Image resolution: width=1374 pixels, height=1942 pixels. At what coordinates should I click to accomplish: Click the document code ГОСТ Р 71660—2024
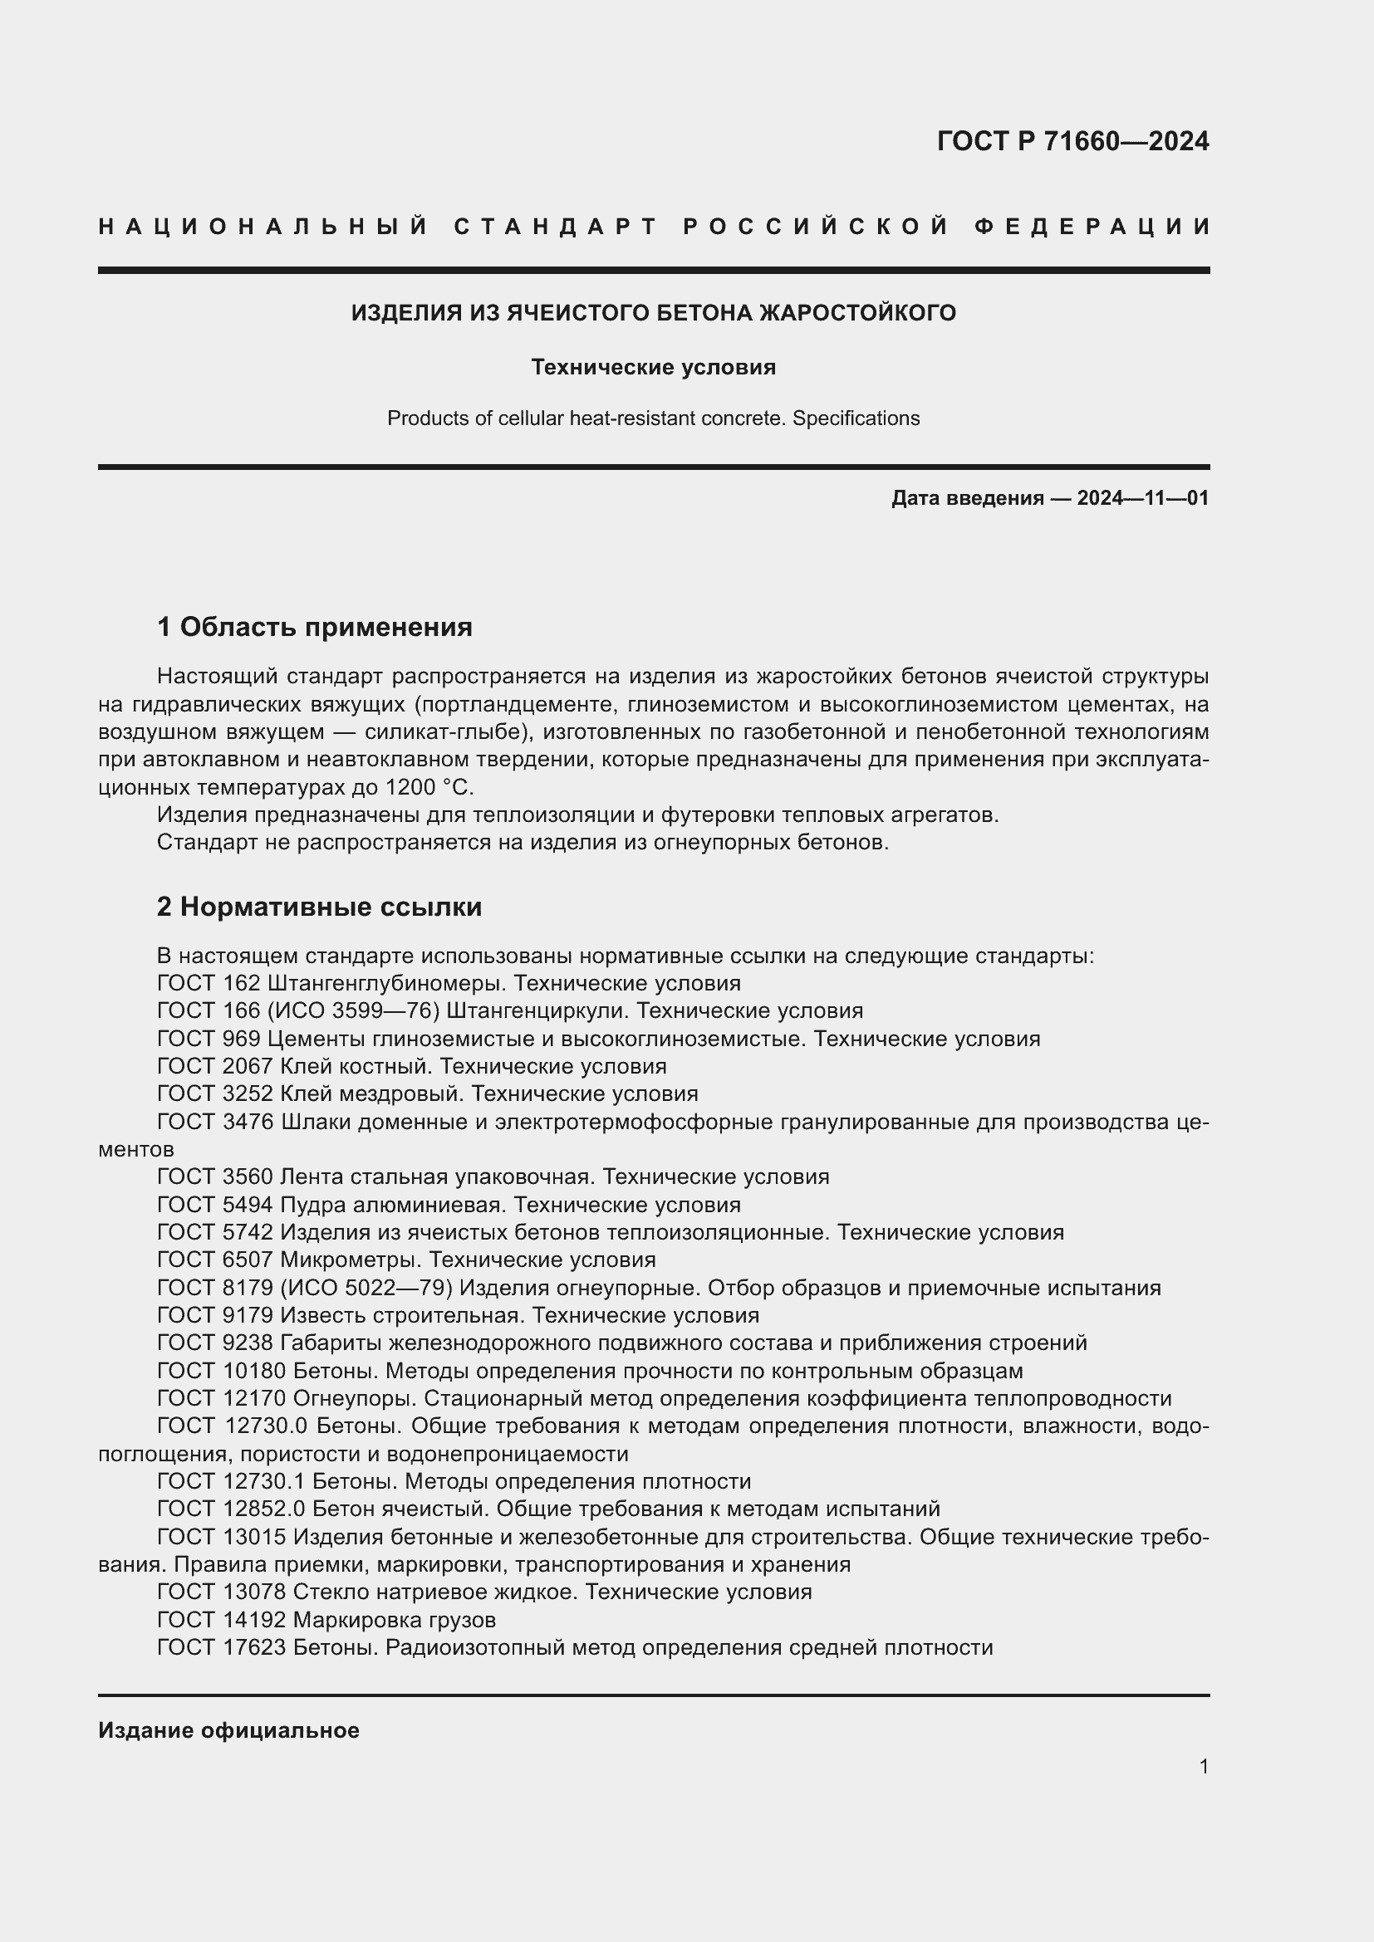[1072, 141]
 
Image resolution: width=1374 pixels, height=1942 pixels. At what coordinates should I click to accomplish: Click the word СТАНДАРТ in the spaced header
[556, 227]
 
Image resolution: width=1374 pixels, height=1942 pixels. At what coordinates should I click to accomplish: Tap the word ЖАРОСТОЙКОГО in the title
[857, 313]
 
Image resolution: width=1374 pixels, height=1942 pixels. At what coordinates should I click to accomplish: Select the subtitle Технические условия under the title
[653, 367]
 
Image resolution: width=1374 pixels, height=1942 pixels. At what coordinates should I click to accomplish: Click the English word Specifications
[856, 418]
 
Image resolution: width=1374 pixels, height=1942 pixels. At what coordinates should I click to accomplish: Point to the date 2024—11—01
[1142, 498]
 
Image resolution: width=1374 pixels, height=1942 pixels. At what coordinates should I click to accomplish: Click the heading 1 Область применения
[314, 627]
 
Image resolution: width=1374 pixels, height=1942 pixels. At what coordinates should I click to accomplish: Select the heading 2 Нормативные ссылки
[319, 907]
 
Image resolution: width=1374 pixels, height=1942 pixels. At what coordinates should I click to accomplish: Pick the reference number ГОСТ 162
[209, 984]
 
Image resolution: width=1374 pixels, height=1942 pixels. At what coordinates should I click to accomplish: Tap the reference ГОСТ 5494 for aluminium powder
[215, 1205]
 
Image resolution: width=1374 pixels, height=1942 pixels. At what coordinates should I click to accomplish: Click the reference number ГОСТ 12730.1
[231, 1481]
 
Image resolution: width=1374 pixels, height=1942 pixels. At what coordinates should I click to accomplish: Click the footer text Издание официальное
[228, 1730]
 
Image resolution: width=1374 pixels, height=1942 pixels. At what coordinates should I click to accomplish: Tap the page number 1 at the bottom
[1203, 1767]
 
